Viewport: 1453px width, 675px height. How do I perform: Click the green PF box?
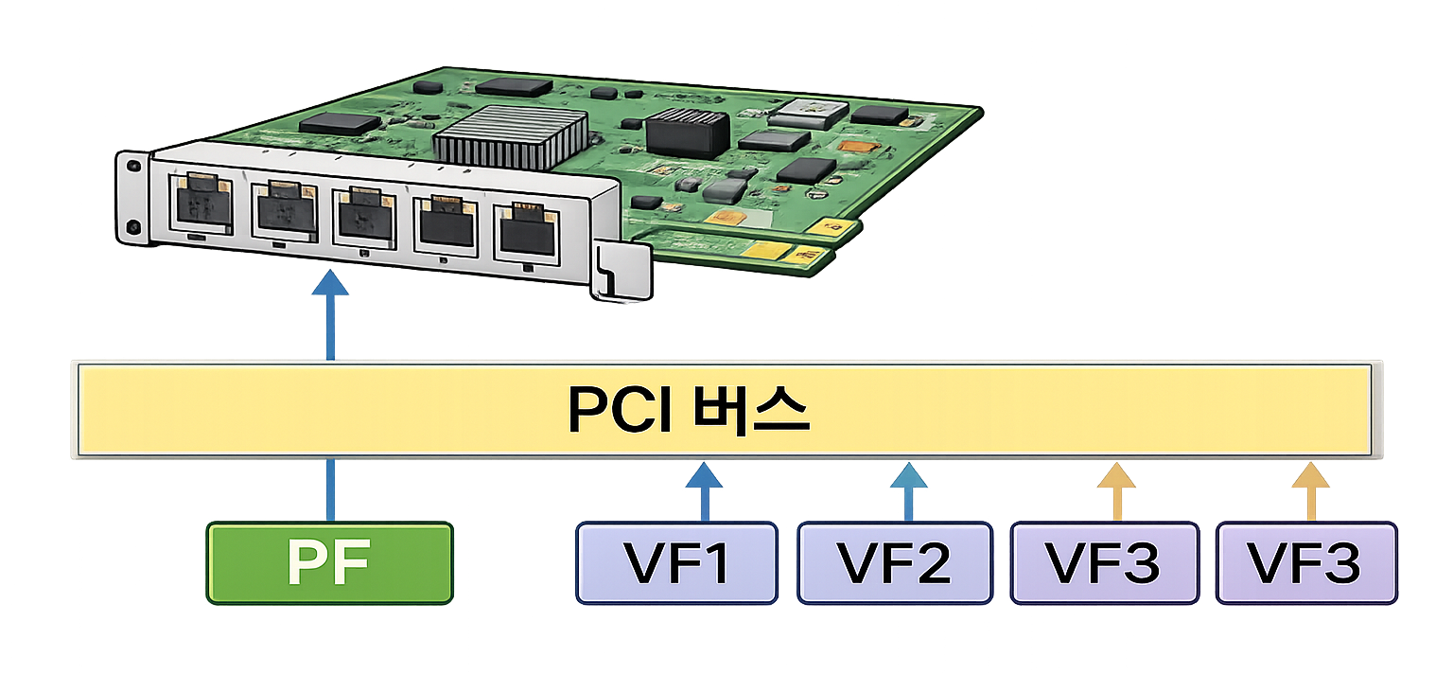pos(330,564)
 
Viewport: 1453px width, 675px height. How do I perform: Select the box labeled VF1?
pos(676,562)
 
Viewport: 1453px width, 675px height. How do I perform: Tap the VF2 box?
pos(894,562)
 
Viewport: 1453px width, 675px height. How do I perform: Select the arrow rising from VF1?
pos(703,490)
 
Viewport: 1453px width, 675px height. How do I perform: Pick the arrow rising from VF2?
pos(909,490)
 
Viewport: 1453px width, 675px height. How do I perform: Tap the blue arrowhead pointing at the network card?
pos(330,284)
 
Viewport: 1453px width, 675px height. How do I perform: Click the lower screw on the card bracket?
pos(133,227)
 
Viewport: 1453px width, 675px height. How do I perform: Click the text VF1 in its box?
pos(676,563)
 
